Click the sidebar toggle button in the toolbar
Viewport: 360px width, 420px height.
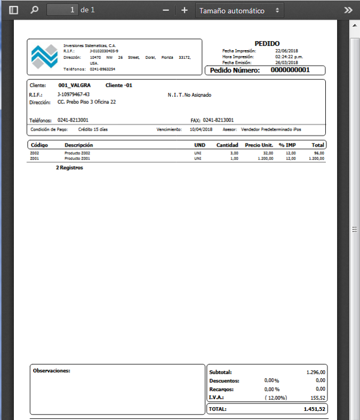pos(14,10)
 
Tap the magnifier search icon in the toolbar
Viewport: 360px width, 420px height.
pos(35,10)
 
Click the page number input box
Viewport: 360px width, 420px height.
pos(62,10)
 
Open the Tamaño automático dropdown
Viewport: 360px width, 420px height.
pos(239,10)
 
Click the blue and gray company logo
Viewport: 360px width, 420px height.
pos(44,56)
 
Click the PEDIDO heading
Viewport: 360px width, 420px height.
pos(267,43)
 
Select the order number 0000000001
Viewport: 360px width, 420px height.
pos(290,70)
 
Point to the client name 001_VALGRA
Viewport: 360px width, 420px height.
pos(74,85)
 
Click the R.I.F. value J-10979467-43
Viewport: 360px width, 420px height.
pos(73,94)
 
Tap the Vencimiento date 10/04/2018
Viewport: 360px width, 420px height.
pos(202,129)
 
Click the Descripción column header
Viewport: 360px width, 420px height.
pos(78,145)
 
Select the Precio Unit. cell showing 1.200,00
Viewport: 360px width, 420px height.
pos(263,159)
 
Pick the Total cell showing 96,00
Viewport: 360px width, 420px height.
pos(319,153)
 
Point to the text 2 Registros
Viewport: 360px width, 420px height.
pos(69,168)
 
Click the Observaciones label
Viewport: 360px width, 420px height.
pos(51,370)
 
